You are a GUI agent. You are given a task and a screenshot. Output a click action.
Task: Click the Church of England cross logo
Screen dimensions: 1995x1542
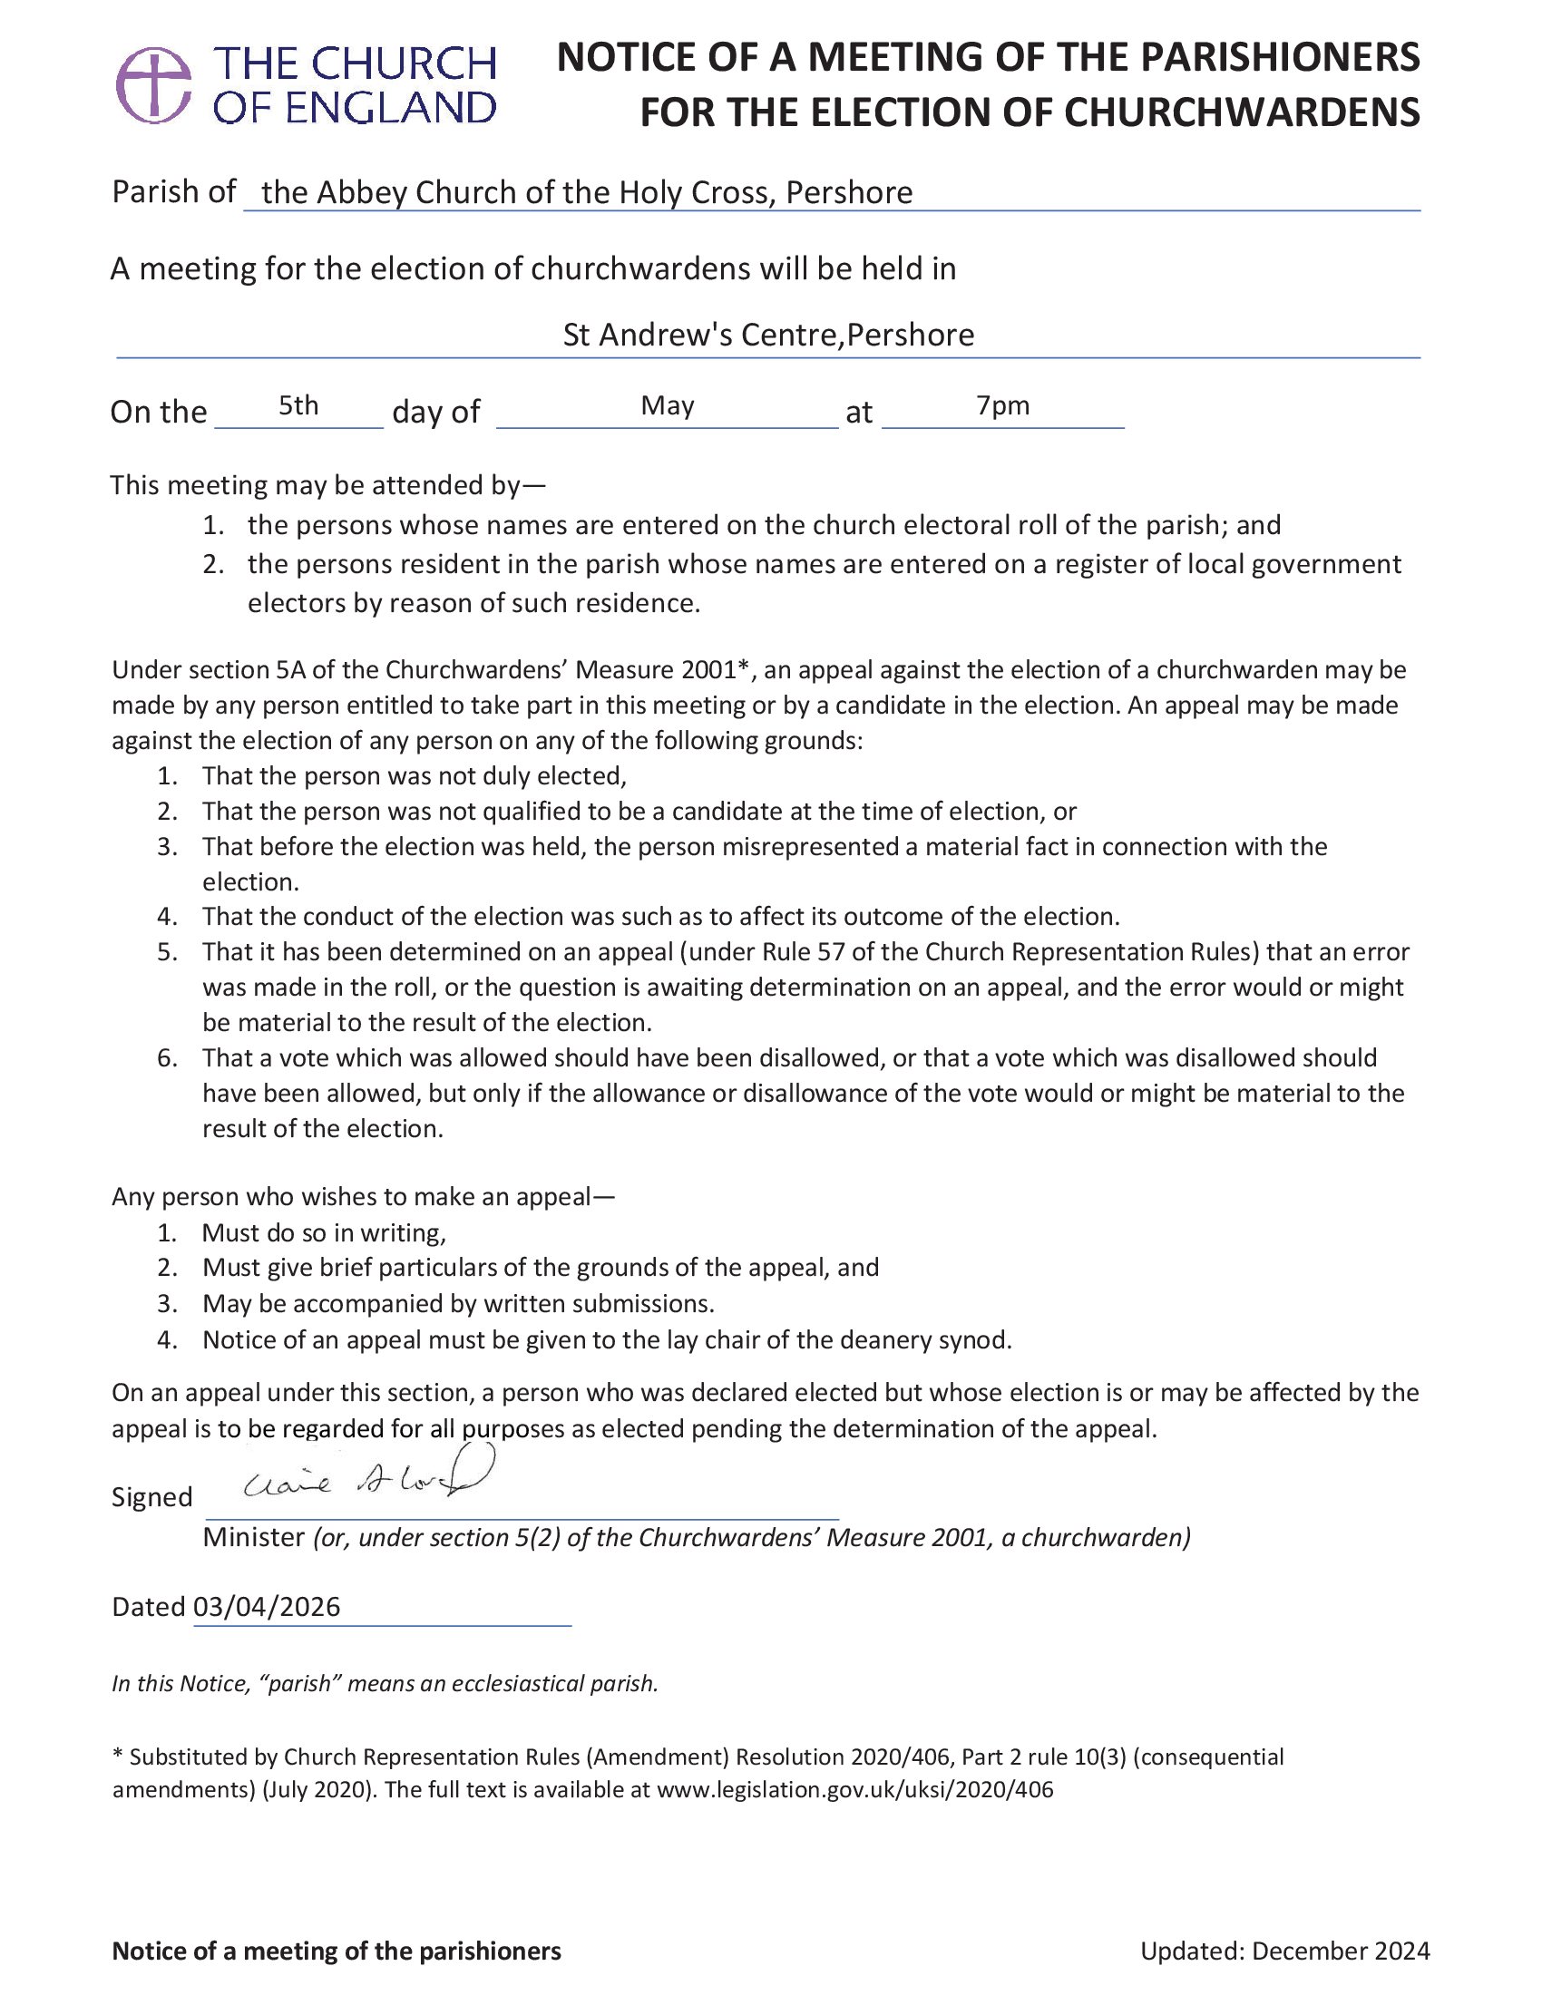tap(153, 85)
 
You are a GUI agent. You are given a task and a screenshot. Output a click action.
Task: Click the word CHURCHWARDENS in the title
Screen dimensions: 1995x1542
tap(1242, 112)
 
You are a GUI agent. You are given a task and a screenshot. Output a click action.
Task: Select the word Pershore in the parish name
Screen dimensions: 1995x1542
tap(849, 193)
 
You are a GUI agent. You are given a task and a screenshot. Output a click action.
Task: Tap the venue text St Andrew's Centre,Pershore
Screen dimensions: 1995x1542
tap(768, 336)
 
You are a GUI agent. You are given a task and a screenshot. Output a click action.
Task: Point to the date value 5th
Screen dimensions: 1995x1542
tap(298, 404)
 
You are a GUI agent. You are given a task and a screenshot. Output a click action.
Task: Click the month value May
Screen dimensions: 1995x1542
tap(667, 404)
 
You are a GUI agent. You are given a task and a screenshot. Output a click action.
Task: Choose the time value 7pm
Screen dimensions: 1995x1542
tap(1002, 404)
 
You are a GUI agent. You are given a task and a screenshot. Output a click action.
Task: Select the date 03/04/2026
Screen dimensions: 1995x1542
tap(267, 1607)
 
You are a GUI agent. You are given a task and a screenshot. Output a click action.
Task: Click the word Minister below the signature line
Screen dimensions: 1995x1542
tap(253, 1537)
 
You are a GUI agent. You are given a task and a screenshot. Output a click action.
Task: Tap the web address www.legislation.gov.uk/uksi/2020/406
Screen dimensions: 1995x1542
tap(854, 1789)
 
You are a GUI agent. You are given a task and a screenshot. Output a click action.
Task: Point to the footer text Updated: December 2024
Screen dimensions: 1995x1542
tap(1284, 1951)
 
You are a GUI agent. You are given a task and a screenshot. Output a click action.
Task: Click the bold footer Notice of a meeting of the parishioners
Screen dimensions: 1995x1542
tap(337, 1951)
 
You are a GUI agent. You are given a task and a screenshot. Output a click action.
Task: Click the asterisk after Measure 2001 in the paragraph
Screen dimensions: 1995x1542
tap(743, 667)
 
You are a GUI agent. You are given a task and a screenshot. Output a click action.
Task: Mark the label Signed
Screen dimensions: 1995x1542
tap(151, 1497)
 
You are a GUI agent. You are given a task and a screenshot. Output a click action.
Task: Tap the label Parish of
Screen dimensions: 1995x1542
tap(173, 192)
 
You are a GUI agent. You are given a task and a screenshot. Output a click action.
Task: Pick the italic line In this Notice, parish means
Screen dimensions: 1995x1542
tap(385, 1684)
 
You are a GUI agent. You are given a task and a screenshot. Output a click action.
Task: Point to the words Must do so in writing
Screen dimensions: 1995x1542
tap(324, 1233)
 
